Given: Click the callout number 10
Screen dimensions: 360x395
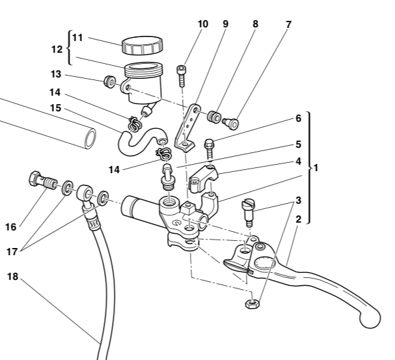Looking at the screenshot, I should click(202, 24).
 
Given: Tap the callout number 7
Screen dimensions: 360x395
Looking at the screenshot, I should click(288, 24).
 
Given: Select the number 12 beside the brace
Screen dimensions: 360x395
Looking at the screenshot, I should click(57, 49).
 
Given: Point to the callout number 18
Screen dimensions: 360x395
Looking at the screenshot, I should click(13, 276).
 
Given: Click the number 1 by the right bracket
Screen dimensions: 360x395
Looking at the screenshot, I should click(316, 167).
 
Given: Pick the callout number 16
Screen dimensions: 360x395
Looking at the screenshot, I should click(10, 227).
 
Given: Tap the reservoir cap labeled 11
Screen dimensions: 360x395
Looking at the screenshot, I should click(142, 46).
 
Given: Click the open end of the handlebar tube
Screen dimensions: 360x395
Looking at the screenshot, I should click(90, 138).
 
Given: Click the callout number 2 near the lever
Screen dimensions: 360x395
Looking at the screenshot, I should click(298, 219).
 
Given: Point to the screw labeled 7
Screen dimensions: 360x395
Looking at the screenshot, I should click(231, 121).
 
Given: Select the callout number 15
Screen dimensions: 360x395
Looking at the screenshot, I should click(56, 107).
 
